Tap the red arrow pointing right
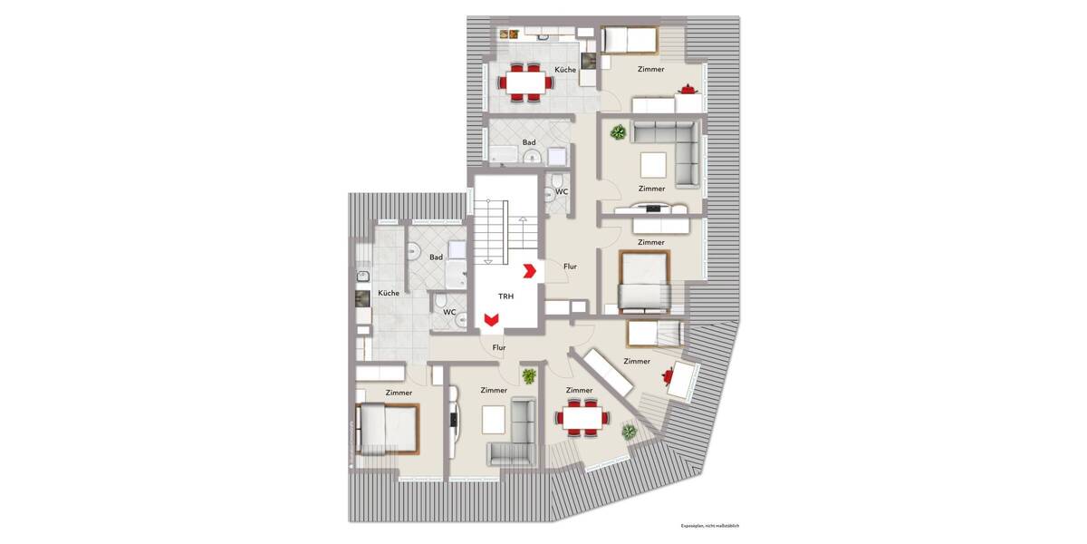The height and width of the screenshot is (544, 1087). [x=530, y=269]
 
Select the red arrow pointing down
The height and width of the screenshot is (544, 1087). [x=491, y=319]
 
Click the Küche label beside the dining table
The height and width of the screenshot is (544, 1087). [x=567, y=70]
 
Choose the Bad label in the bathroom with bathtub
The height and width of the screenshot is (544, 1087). [x=529, y=142]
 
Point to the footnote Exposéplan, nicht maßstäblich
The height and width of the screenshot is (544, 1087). [x=710, y=526]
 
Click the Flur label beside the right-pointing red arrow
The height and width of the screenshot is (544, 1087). [x=570, y=267]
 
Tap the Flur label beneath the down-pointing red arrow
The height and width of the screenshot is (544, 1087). [x=498, y=346]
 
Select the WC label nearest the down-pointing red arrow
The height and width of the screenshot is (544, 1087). [x=449, y=312]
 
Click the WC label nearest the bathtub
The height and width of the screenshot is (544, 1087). [x=562, y=191]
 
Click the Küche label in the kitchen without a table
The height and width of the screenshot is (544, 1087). [x=389, y=293]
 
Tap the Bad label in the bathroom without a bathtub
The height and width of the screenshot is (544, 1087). [x=436, y=257]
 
